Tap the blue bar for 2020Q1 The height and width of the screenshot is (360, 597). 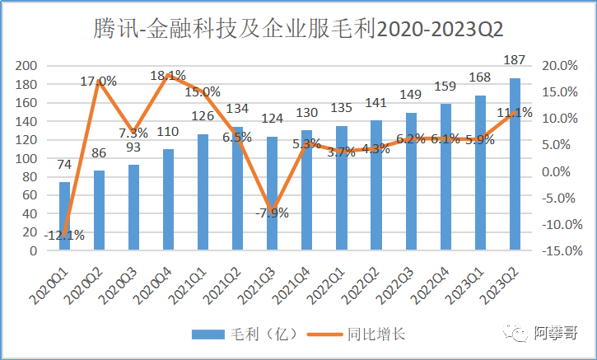[x=64, y=216]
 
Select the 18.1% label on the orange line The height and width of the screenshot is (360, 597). [x=168, y=76]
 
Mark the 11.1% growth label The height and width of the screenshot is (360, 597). [x=514, y=112]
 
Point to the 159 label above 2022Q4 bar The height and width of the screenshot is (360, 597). [x=445, y=86]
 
